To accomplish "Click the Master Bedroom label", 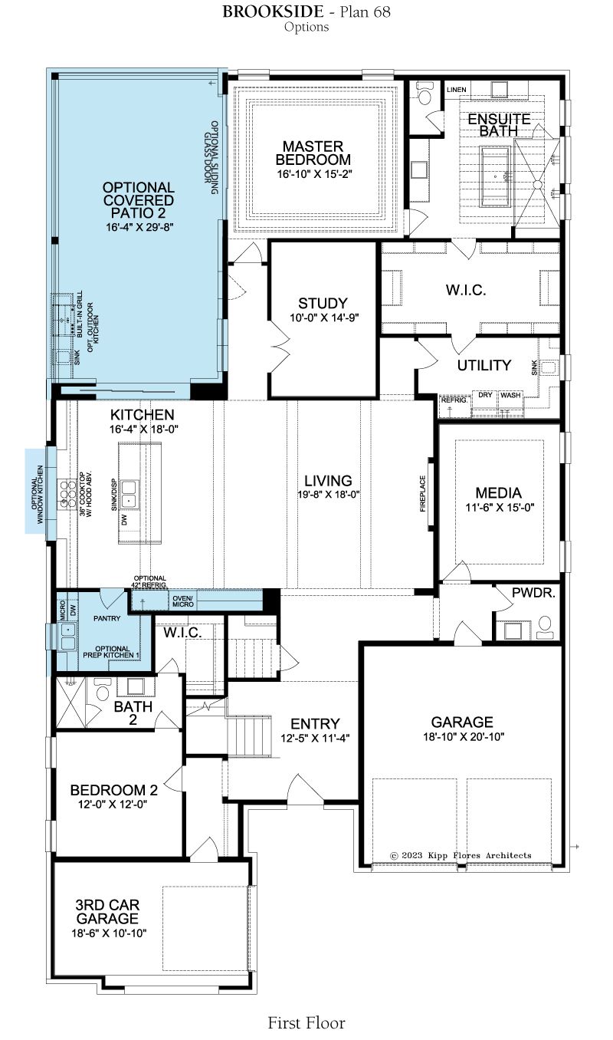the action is [x=313, y=153].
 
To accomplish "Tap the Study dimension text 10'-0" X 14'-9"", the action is [x=325, y=318].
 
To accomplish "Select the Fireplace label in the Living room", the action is [x=422, y=493].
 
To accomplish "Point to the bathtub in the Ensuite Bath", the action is [x=495, y=176].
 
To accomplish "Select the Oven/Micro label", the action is [x=183, y=601].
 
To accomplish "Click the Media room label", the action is [x=499, y=492].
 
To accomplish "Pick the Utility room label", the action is [x=484, y=365].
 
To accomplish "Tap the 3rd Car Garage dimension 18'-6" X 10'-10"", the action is [x=109, y=933].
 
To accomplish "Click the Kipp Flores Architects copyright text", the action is [x=461, y=855].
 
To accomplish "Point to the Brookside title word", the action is [x=273, y=12].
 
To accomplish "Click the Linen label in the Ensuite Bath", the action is [x=456, y=90].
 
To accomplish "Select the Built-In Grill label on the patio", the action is [x=80, y=314].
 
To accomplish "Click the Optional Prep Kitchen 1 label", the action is [x=111, y=652].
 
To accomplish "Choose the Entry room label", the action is [x=315, y=724].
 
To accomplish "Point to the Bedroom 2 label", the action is [x=114, y=790].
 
